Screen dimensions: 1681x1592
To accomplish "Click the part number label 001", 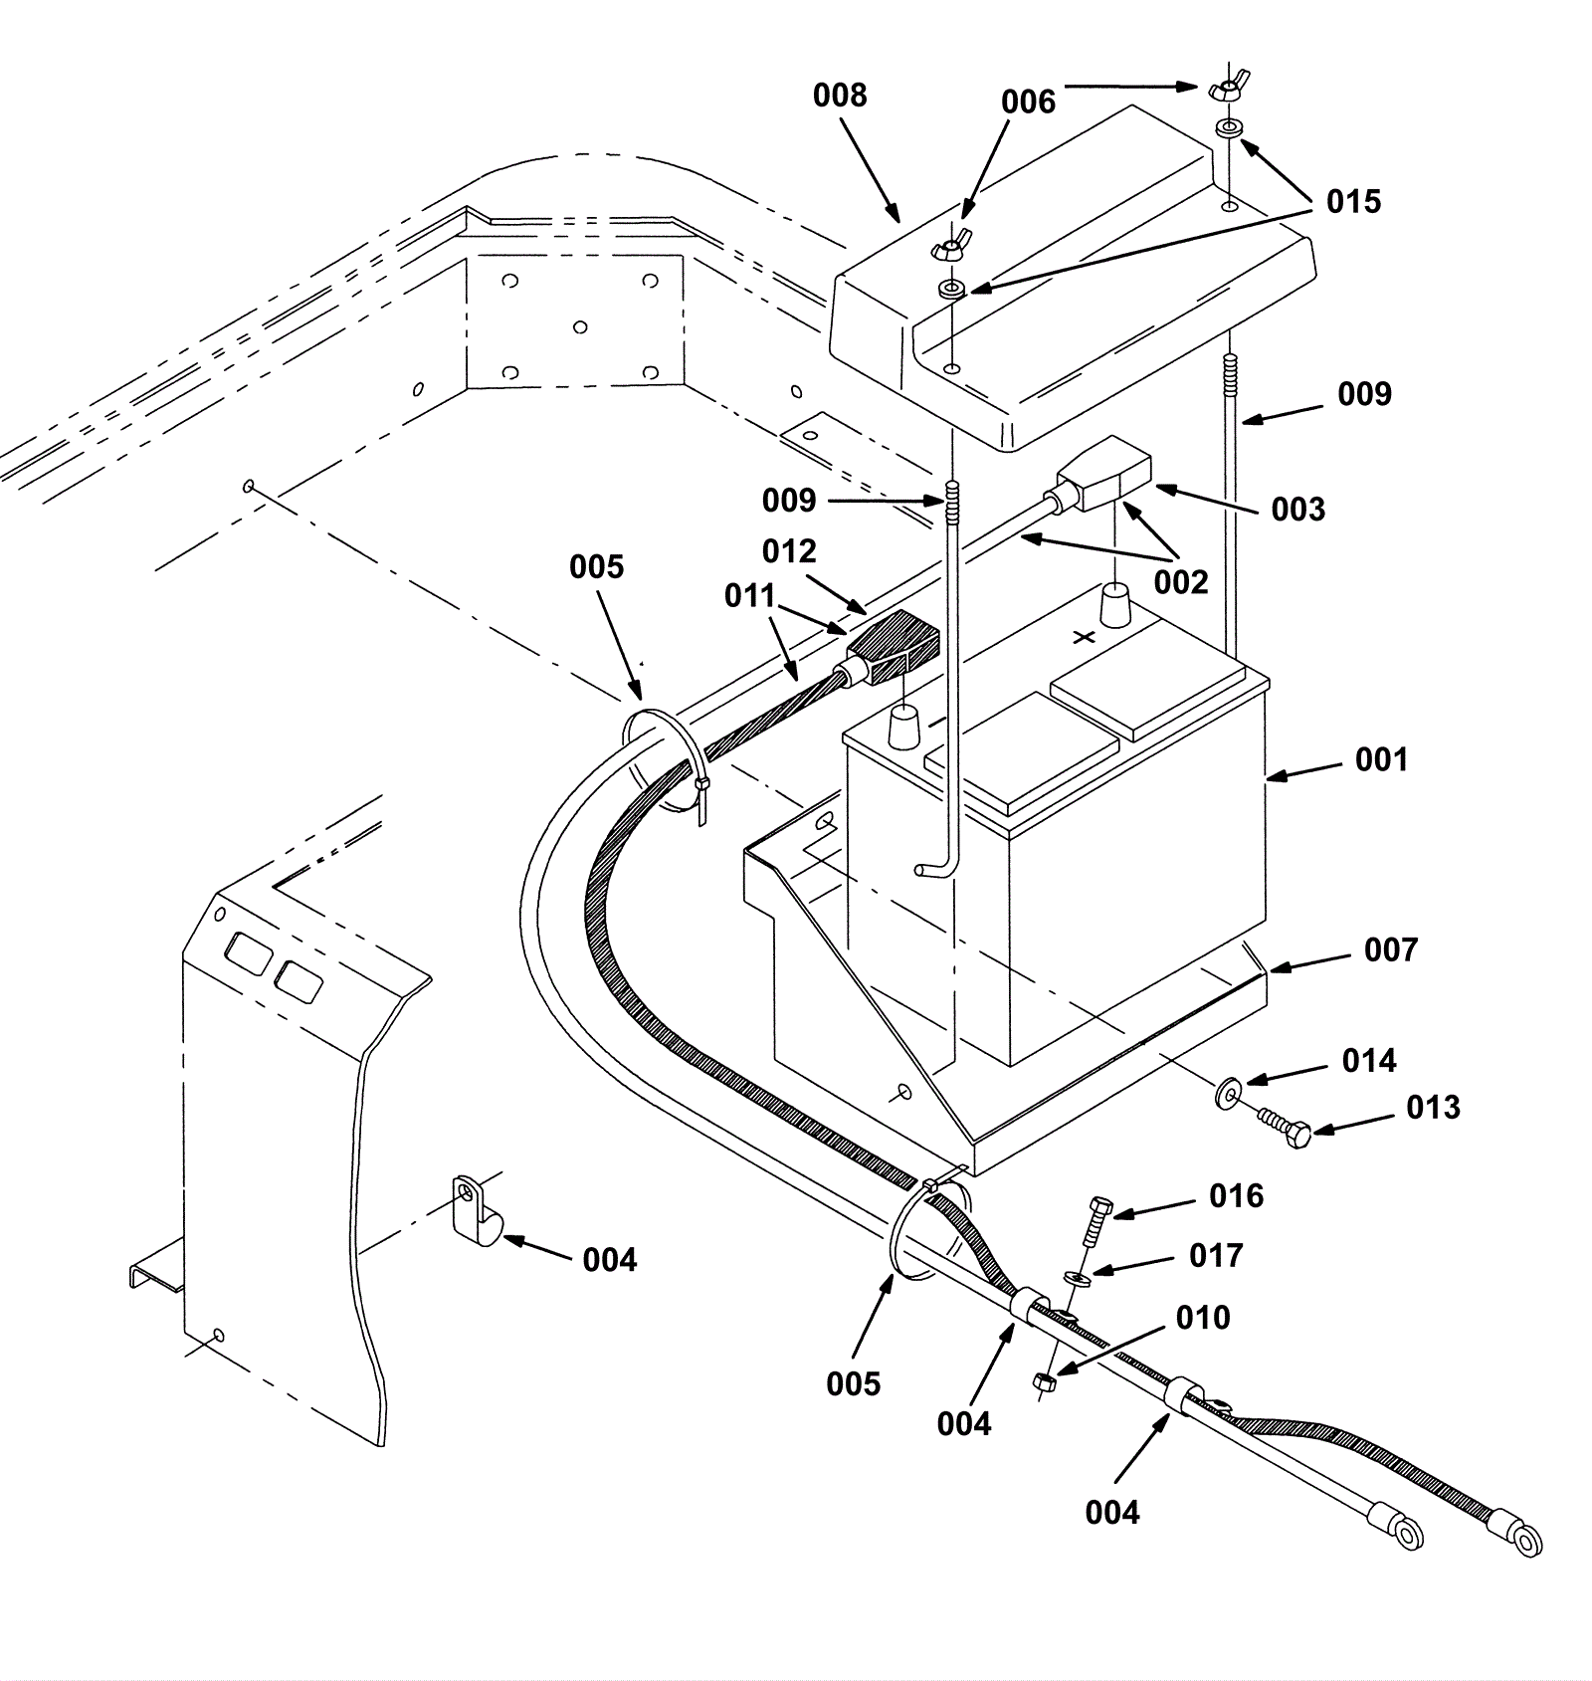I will [x=1381, y=760].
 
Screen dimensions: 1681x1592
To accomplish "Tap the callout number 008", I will [x=840, y=96].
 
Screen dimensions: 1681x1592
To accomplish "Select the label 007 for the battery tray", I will [x=1390, y=950].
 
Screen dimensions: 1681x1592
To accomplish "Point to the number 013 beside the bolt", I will [x=1433, y=1108].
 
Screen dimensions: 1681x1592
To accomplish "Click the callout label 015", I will [x=1353, y=202].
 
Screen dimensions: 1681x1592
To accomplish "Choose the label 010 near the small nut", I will [x=1203, y=1318].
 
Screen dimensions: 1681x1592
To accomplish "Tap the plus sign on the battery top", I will [x=1085, y=636].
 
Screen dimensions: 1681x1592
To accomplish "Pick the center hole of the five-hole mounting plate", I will [x=580, y=327].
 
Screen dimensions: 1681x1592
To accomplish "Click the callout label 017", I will [x=1216, y=1256].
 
